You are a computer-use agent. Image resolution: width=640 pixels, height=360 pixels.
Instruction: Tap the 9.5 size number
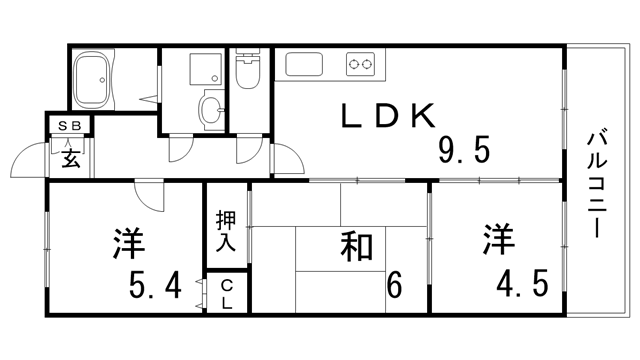(x=465, y=152)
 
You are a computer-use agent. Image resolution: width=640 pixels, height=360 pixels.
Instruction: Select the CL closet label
(x=227, y=294)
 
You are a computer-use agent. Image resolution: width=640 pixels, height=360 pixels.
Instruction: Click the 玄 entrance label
(x=71, y=158)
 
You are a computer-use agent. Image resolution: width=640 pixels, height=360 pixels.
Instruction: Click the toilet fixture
(x=247, y=72)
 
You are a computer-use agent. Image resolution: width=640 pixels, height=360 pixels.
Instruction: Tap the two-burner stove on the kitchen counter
(x=359, y=65)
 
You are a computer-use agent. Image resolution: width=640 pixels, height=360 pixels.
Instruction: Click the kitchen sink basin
(x=302, y=65)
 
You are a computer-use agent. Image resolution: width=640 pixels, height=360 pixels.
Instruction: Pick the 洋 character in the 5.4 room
(x=126, y=242)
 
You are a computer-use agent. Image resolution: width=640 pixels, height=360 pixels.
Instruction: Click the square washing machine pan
(x=209, y=67)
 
